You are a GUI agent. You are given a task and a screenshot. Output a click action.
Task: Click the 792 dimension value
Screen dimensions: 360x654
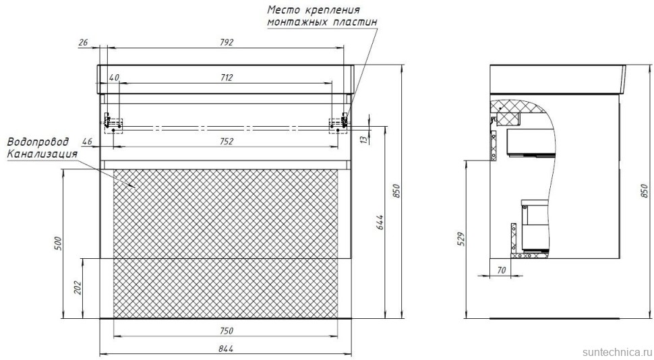pos(226,42)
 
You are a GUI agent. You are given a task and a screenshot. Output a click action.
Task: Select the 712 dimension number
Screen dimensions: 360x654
pos(226,78)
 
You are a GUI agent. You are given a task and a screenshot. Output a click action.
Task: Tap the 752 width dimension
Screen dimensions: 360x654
pos(226,141)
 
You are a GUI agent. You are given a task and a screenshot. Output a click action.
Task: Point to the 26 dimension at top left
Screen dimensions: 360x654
pos(83,42)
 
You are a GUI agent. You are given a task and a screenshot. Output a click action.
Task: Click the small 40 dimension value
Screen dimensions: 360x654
pos(113,78)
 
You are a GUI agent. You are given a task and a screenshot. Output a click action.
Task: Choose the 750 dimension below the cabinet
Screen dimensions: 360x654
pos(226,330)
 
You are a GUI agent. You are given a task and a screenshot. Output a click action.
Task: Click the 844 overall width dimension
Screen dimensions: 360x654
pos(226,348)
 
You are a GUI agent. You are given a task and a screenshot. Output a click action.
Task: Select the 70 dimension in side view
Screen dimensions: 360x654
pos(500,270)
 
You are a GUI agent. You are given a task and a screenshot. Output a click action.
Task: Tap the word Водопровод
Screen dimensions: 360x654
pos(38,143)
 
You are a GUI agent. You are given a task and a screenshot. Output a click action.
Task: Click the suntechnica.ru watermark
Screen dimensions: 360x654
pos(616,352)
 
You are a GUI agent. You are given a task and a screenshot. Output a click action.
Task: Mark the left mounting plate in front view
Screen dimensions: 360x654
pos(113,123)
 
